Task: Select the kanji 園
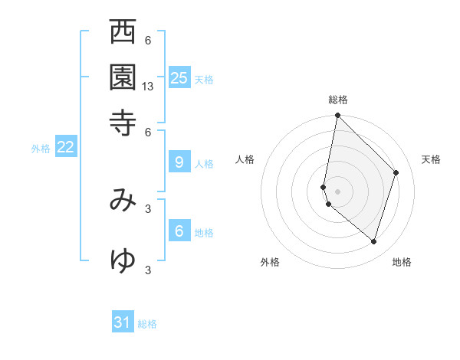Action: point(123,77)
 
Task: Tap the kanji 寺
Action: point(123,122)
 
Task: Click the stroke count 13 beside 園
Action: point(148,87)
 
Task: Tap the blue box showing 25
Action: point(179,78)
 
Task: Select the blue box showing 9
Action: point(179,162)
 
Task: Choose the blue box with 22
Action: point(65,147)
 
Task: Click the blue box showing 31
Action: point(123,322)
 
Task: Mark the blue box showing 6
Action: point(179,231)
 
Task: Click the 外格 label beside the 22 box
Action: point(41,149)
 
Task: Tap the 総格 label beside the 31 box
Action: point(147,325)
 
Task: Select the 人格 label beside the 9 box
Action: point(204,164)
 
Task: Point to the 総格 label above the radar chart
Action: point(337,100)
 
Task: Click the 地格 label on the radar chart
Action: point(402,262)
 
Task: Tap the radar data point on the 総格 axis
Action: point(337,116)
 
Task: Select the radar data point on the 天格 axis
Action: point(396,172)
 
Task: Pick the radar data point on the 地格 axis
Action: point(374,242)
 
